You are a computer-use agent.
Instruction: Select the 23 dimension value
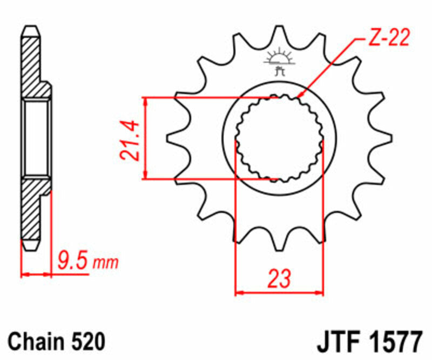coord(279,278)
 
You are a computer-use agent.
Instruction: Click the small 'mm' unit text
coord(105,264)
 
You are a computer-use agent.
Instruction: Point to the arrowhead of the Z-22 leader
coord(299,97)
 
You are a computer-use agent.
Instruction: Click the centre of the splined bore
coord(279,138)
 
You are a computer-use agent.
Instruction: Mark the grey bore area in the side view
coord(36,138)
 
